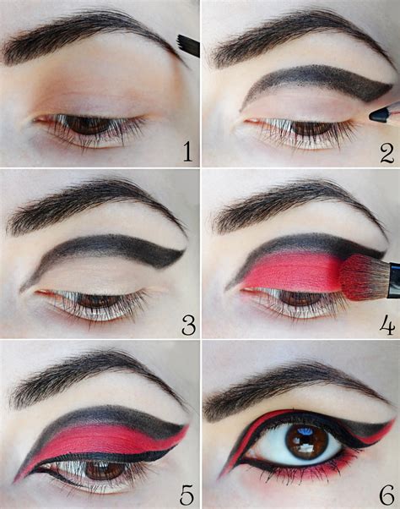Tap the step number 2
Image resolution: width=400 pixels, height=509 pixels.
(x=387, y=152)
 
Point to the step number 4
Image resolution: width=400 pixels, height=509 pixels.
(x=387, y=324)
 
